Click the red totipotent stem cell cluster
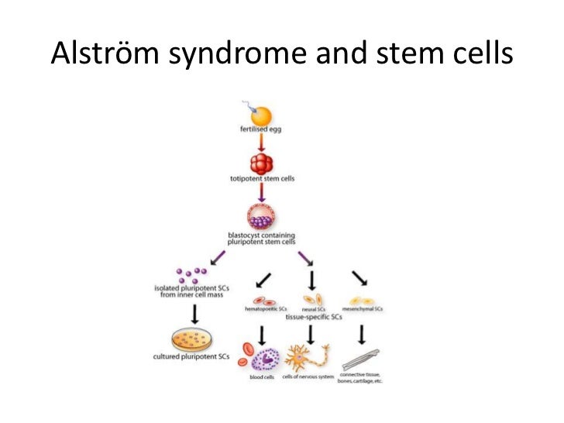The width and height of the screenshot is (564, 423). coord(263,164)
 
